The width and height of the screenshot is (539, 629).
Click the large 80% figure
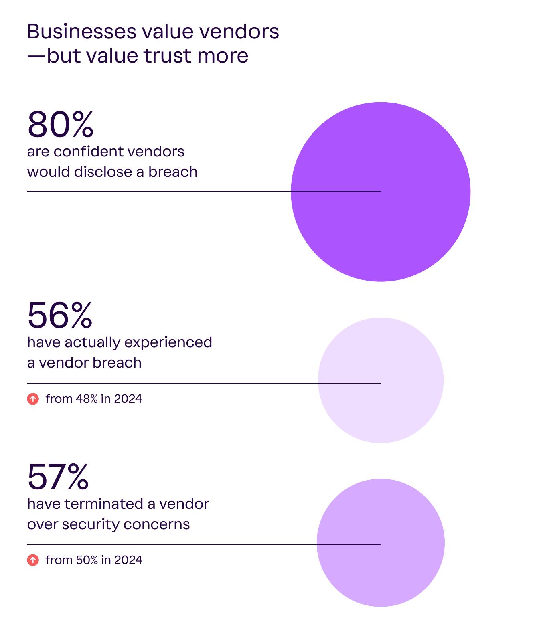(x=60, y=124)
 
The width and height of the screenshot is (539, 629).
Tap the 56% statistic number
(x=60, y=315)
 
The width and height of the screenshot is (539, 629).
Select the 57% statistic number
(x=58, y=476)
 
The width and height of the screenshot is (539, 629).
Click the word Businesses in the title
(x=81, y=31)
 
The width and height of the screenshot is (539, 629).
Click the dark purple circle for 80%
(x=381, y=192)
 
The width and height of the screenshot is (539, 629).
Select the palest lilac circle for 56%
(x=381, y=380)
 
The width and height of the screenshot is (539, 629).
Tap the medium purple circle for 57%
(x=381, y=543)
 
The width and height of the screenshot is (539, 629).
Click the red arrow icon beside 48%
(x=33, y=399)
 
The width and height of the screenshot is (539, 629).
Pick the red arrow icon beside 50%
(x=33, y=560)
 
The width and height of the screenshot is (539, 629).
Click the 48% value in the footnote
(x=87, y=399)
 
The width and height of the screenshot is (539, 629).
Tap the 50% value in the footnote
(x=87, y=560)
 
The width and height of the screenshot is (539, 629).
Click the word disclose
(x=103, y=172)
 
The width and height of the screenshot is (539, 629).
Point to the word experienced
(x=168, y=342)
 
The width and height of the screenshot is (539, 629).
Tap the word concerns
(x=157, y=524)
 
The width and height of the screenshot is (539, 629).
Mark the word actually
(x=93, y=342)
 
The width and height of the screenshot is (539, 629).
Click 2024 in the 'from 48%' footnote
(x=128, y=399)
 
